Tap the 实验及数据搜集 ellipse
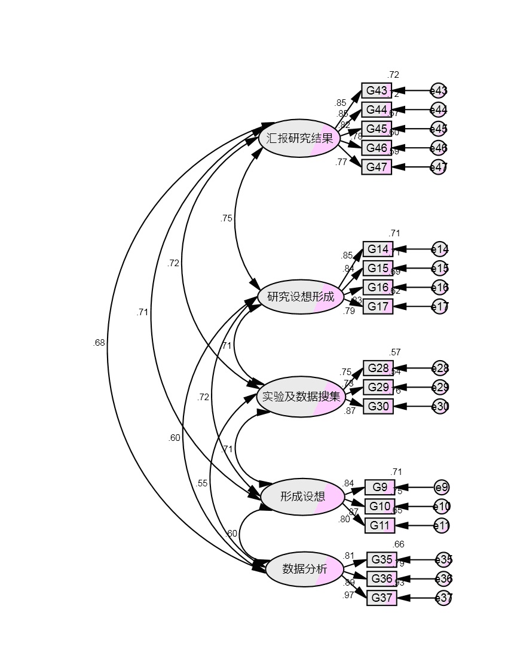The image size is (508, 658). (x=301, y=397)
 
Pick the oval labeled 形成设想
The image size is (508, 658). (x=303, y=496)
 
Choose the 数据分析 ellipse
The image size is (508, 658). (x=305, y=569)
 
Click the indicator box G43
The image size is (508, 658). (x=377, y=91)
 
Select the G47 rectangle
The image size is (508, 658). (x=377, y=167)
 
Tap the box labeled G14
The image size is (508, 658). (x=378, y=249)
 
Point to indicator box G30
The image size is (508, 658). (x=378, y=407)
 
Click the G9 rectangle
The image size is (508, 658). (x=380, y=487)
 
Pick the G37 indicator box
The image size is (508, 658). (x=381, y=598)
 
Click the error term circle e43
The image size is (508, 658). (x=439, y=91)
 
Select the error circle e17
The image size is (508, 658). (x=440, y=307)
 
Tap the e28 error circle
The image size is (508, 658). (x=440, y=368)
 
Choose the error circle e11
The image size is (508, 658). (x=442, y=526)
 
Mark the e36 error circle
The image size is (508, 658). (x=443, y=578)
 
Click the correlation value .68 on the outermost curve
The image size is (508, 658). (x=99, y=343)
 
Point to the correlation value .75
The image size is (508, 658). (x=226, y=218)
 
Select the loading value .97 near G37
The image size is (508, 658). (x=348, y=595)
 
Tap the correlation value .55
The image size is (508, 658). (x=202, y=483)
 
